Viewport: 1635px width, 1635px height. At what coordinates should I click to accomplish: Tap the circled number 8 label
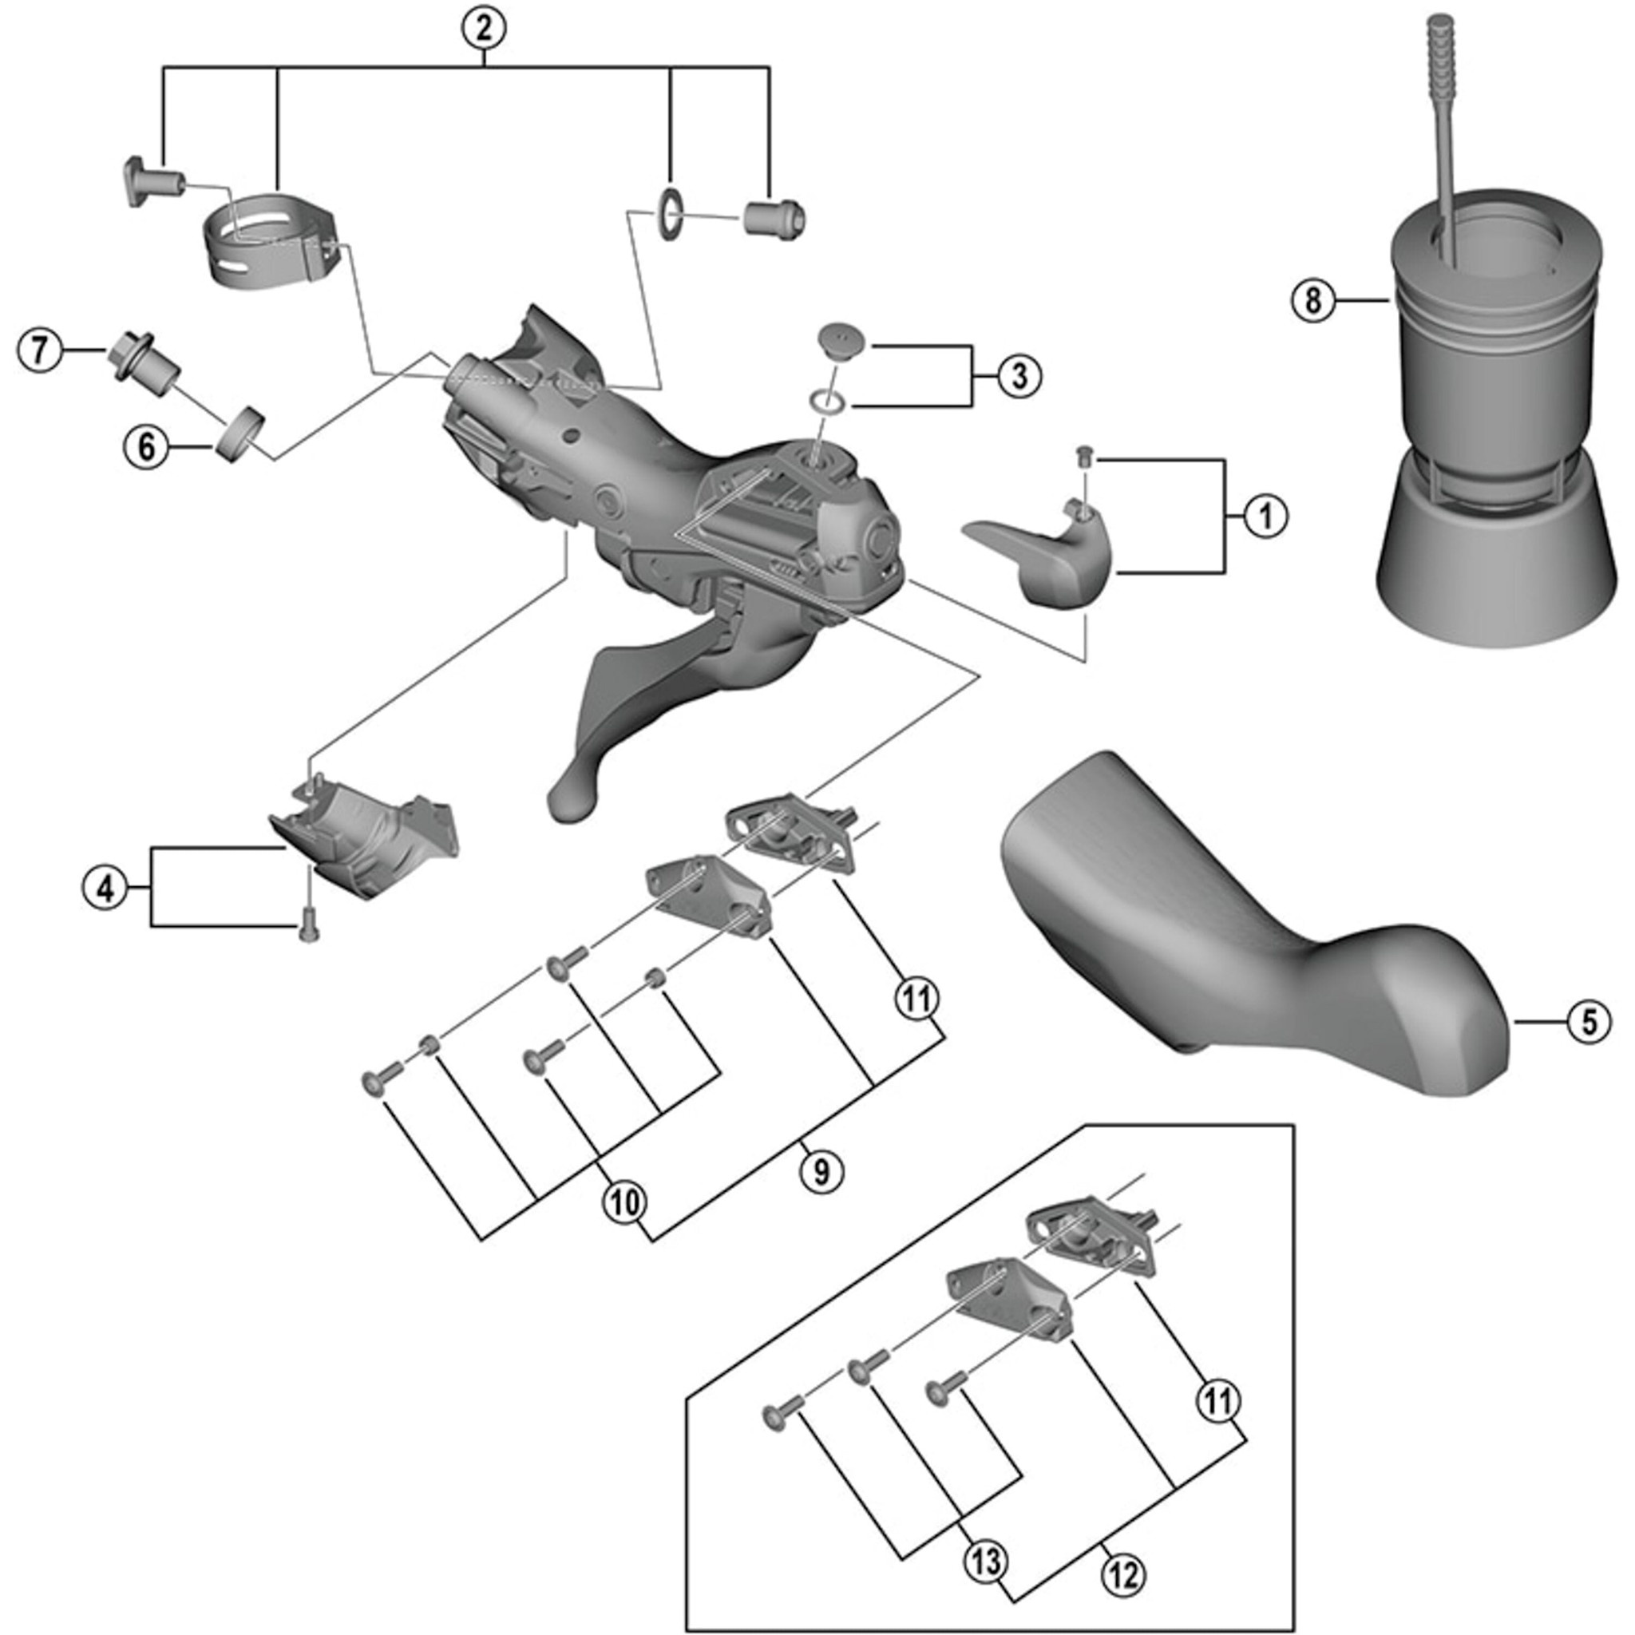coord(1312,299)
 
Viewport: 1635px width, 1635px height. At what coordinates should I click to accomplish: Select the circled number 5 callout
coord(1589,1023)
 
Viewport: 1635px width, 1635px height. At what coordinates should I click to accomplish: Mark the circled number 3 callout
coord(1019,375)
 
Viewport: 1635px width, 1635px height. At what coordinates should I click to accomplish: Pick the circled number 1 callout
coord(1266,517)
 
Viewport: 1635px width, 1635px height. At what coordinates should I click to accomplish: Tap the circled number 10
coord(624,1202)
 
